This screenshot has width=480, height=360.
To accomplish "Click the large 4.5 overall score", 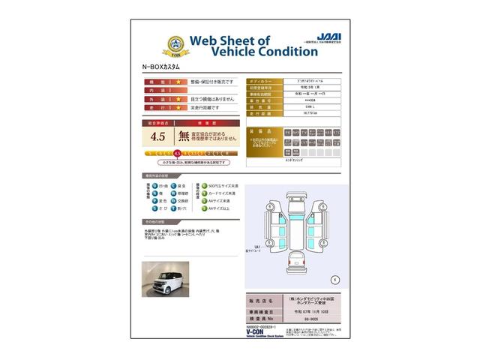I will click(157, 136).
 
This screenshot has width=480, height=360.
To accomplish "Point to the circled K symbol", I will click(334, 279).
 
